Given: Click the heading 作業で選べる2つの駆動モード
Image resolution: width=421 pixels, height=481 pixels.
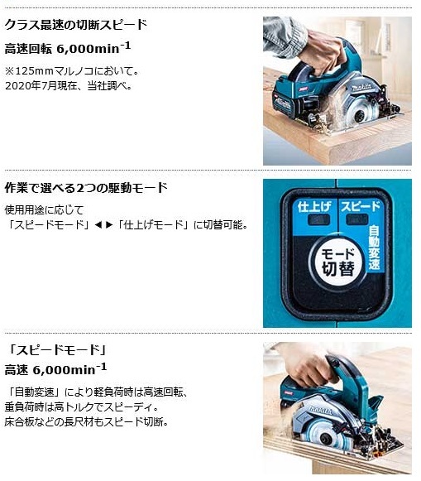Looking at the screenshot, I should click(x=86, y=188).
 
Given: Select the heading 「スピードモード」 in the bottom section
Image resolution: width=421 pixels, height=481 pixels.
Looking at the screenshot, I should click(x=46, y=349).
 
